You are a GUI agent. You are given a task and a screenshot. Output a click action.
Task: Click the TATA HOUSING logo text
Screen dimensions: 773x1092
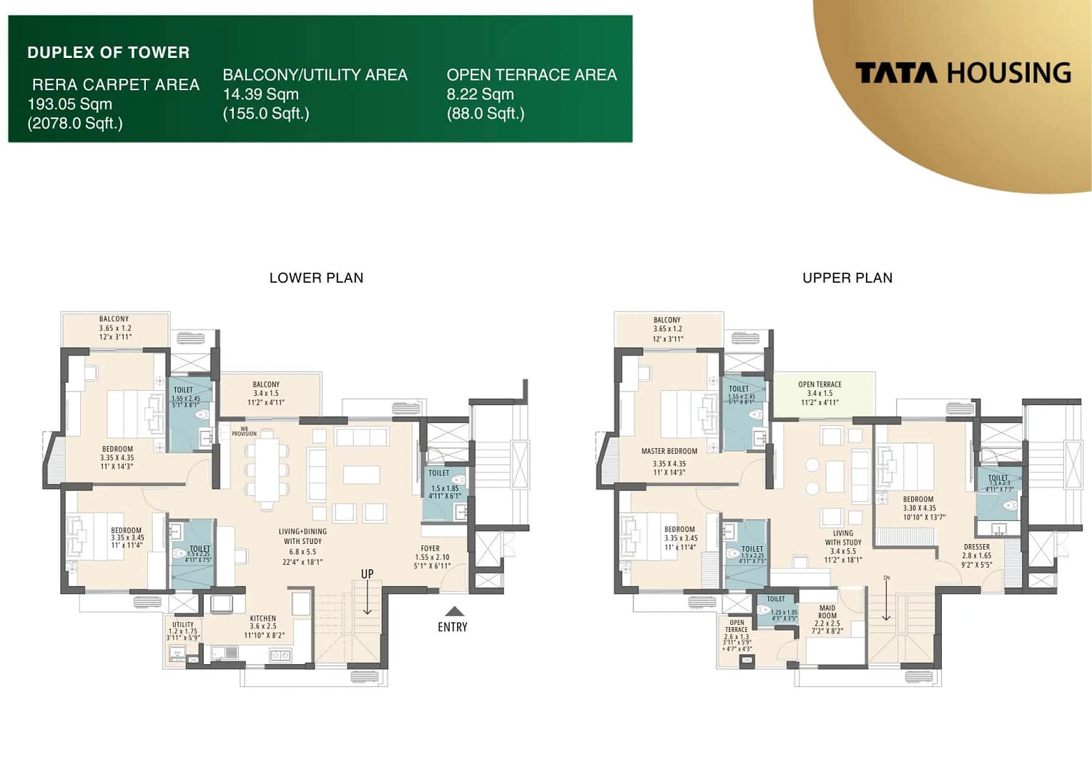click(x=963, y=73)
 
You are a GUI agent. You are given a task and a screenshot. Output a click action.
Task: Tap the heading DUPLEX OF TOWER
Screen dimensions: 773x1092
click(x=109, y=52)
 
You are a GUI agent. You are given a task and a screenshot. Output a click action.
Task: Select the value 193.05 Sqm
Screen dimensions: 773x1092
click(x=70, y=104)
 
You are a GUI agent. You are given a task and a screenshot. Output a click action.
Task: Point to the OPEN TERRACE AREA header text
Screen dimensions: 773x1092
click(x=531, y=75)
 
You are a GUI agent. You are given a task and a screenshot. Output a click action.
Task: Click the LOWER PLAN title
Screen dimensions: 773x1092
click(x=316, y=278)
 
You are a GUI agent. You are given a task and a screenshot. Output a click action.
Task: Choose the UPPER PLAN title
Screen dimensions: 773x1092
click(x=847, y=278)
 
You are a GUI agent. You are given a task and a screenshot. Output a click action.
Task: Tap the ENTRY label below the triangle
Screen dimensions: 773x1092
click(x=453, y=627)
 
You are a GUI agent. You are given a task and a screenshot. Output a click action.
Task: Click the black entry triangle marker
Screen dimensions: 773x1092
click(x=454, y=611)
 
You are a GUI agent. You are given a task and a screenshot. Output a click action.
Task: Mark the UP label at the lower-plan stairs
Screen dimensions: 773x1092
click(x=367, y=574)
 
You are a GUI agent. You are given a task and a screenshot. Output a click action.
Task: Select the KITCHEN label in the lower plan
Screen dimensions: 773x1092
click(x=263, y=618)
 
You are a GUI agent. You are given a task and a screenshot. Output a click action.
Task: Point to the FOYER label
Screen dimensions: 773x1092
click(x=431, y=549)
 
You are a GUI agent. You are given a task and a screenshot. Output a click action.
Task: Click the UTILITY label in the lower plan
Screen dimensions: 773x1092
click(x=183, y=624)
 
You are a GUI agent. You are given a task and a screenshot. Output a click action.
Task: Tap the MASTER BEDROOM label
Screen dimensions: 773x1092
click(x=669, y=452)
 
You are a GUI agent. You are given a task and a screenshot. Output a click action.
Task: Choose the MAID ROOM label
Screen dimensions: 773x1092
click(x=827, y=612)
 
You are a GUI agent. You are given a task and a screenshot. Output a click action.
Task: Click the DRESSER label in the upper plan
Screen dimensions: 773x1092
click(x=977, y=547)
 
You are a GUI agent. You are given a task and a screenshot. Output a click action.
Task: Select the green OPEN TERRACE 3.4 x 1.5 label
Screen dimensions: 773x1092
click(x=820, y=385)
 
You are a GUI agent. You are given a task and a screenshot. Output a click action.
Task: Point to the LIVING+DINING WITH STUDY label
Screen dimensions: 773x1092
click(x=302, y=536)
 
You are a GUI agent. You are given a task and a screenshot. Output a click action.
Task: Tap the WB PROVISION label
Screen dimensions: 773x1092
click(x=244, y=432)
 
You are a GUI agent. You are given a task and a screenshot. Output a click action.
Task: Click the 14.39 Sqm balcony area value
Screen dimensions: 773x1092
click(x=261, y=94)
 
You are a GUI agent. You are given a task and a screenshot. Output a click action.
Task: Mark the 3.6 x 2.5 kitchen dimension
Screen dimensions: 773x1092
click(x=263, y=626)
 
